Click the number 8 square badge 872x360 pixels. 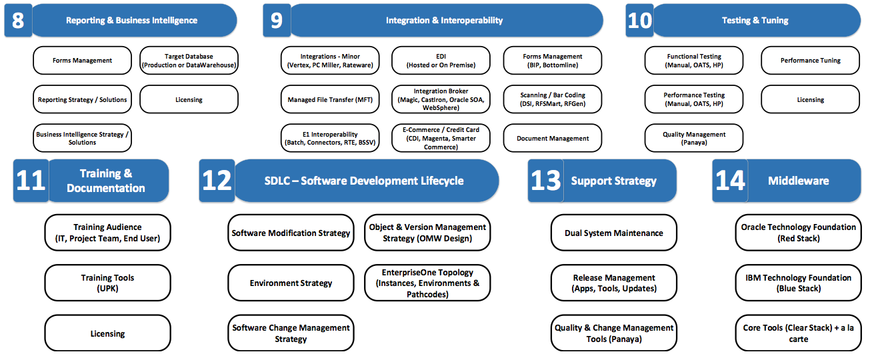tap(18, 20)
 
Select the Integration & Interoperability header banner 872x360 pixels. tap(447, 20)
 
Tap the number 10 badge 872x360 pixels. tap(639, 20)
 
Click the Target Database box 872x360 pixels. tap(189, 60)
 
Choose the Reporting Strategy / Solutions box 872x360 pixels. tap(82, 99)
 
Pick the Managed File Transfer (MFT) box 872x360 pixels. tap(330, 99)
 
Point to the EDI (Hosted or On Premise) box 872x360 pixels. tap(441, 60)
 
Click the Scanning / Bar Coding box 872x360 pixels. tap(553, 99)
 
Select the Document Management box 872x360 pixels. tap(553, 138)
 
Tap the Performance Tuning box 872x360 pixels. tap(811, 60)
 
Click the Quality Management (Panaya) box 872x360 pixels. tap(694, 138)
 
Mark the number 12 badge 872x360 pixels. tap(217, 181)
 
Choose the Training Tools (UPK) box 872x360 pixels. tap(107, 283)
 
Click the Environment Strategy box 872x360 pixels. tap(291, 283)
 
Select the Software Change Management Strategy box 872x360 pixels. tap(291, 333)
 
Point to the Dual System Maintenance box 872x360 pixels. tap(614, 233)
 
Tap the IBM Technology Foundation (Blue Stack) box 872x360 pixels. tap(799, 283)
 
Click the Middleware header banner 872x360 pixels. tap(804, 181)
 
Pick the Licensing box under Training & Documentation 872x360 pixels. tap(107, 333)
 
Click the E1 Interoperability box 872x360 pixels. tap(330, 138)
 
